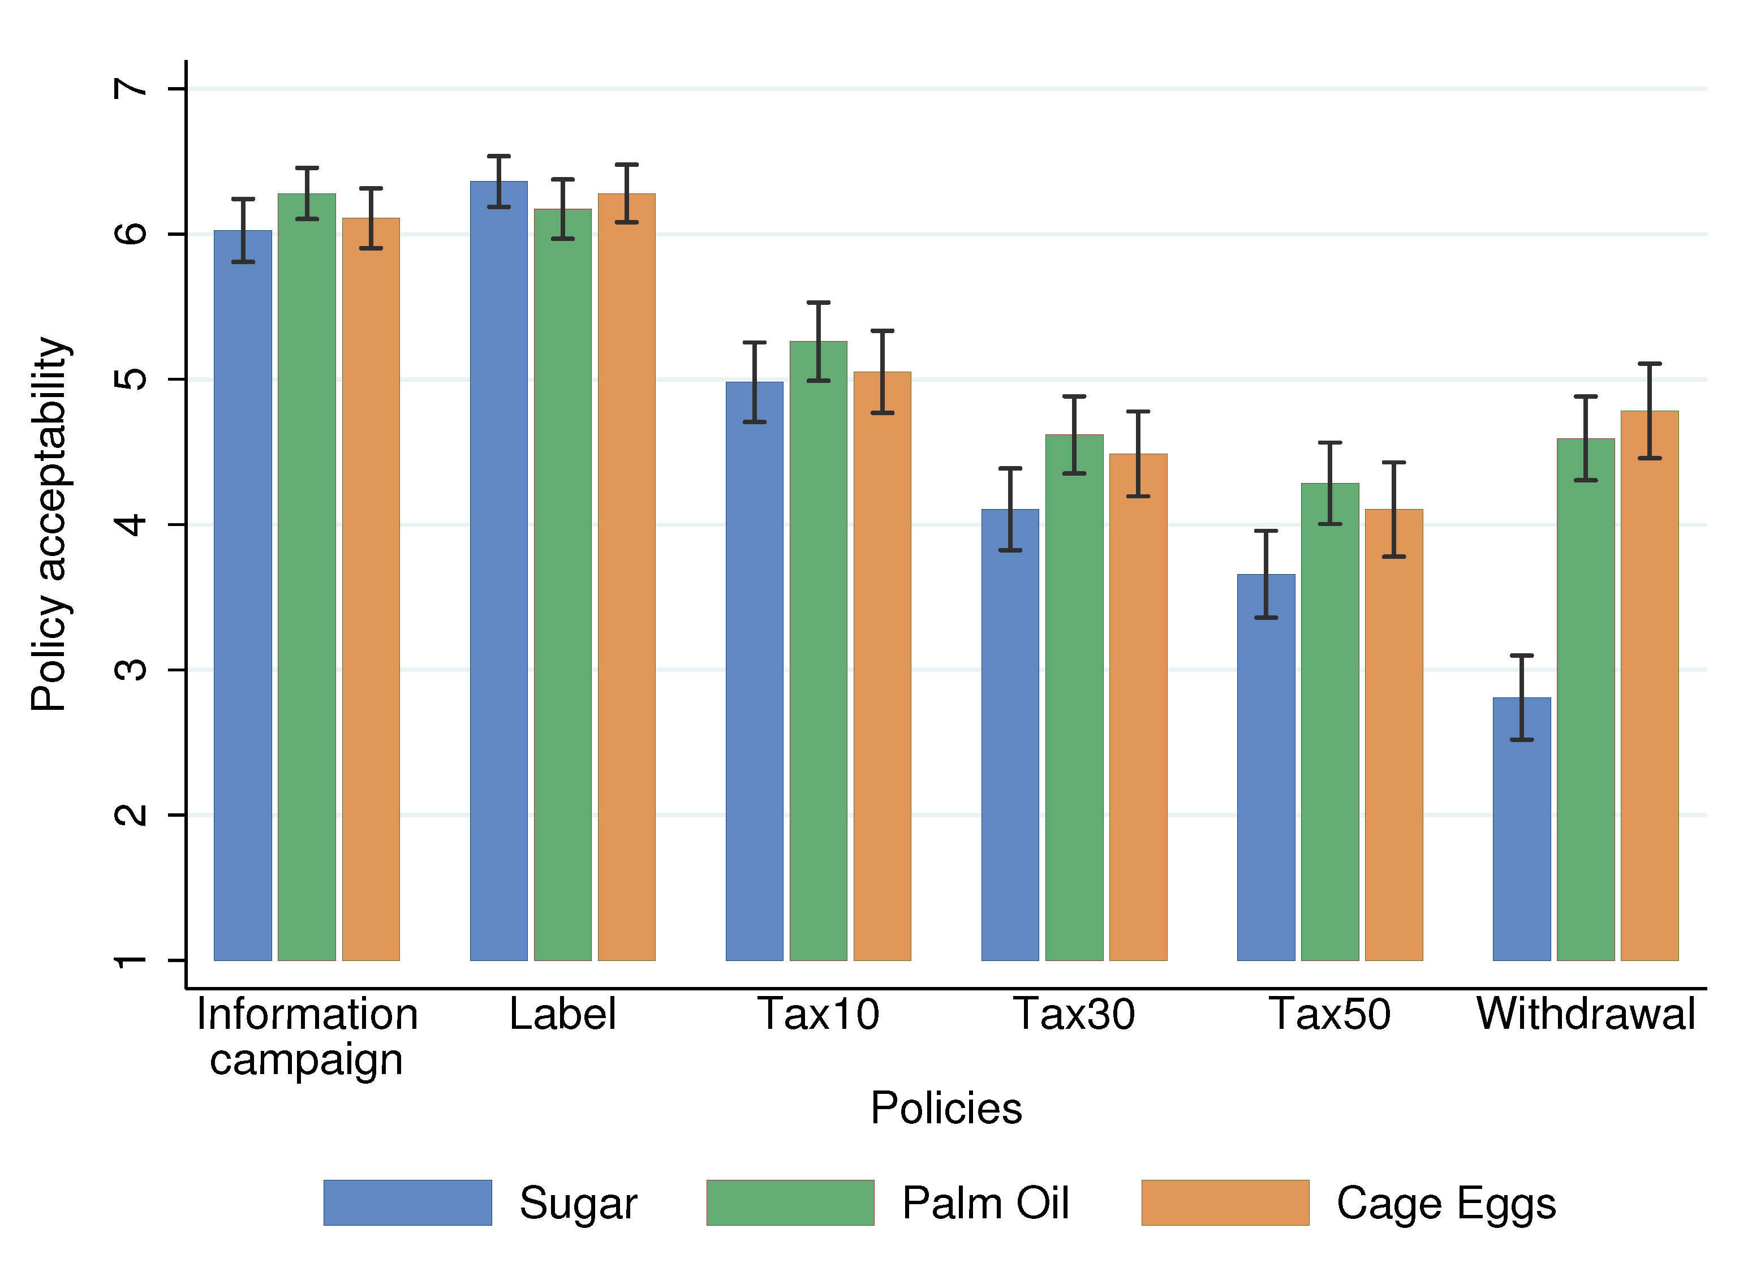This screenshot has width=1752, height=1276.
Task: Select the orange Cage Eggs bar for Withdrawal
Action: click(1649, 687)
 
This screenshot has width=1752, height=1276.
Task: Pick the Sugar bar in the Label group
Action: click(498, 572)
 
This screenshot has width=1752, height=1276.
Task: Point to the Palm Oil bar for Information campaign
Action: click(307, 579)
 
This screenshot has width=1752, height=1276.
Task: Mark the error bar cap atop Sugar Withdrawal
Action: click(1521, 656)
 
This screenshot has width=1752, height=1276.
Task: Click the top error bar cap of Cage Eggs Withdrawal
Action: click(1649, 364)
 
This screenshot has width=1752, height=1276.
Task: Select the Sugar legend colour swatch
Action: click(407, 1202)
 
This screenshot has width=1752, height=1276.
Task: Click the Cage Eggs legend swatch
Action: click(1225, 1202)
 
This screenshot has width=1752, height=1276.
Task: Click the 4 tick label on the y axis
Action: click(130, 524)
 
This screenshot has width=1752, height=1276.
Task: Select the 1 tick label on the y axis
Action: click(130, 960)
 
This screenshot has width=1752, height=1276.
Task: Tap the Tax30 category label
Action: click(1074, 1014)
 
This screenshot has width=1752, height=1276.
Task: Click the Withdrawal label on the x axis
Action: click(1585, 1014)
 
